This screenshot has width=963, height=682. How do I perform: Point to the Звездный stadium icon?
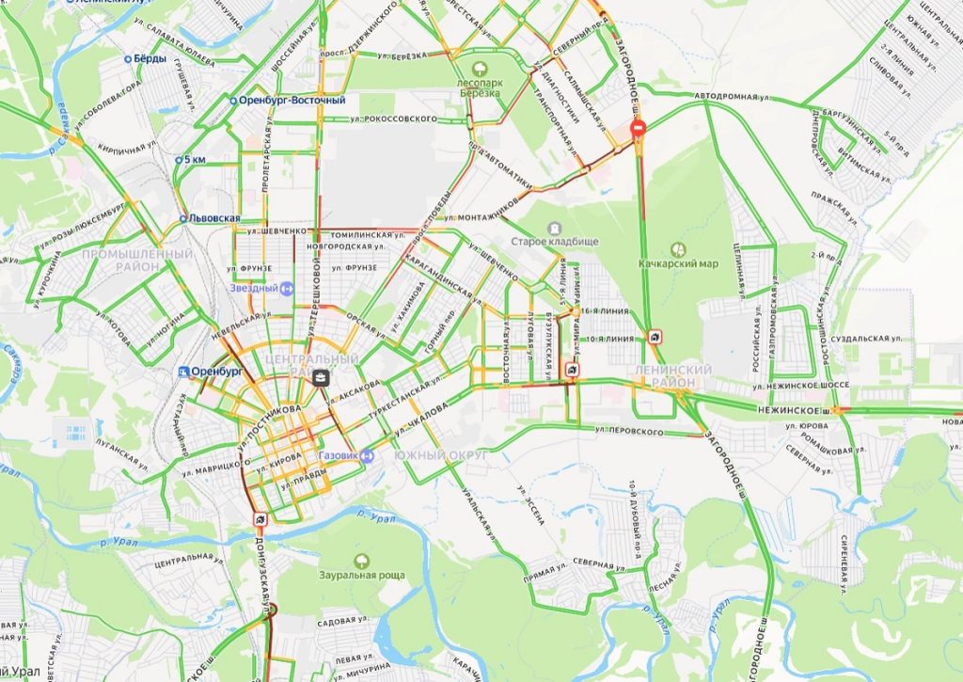287,288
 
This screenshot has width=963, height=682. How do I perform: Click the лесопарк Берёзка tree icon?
481,68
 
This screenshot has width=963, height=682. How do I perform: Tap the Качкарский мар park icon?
678,249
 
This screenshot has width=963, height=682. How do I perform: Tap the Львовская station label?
210,218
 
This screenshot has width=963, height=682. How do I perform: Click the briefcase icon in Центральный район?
321,378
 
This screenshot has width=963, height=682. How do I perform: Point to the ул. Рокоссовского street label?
394,119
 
